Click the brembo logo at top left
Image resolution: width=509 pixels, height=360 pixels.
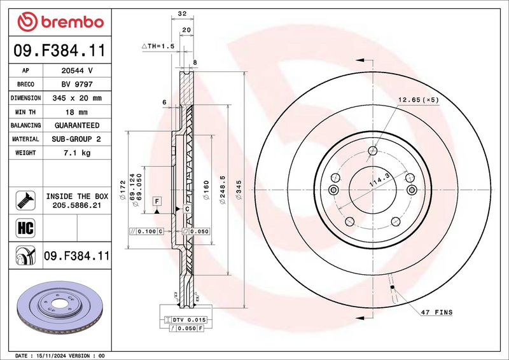coord(60,22)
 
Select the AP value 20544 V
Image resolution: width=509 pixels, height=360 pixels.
coord(77,71)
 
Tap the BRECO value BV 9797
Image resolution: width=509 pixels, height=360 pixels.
coord(77,85)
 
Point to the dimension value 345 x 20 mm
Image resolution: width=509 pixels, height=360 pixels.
coord(77,98)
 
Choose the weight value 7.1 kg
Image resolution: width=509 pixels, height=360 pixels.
coord(77,153)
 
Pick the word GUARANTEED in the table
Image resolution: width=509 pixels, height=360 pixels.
coord(77,125)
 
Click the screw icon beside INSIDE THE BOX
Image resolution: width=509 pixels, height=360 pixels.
coord(25,200)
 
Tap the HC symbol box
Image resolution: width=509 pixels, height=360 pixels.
coord(25,228)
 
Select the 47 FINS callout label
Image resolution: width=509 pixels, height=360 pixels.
coord(436,312)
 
